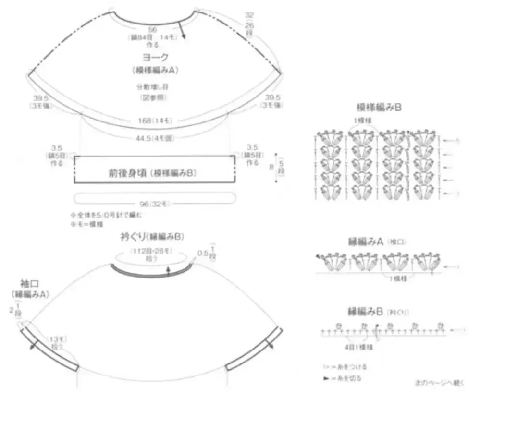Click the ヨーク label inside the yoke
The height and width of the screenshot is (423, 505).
pos(155,58)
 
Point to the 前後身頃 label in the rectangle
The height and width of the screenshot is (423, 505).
pos(152,173)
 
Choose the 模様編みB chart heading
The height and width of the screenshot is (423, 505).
pos(379,107)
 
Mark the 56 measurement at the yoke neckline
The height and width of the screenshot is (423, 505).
pos(153,29)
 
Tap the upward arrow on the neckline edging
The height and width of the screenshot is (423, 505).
pos(168,271)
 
